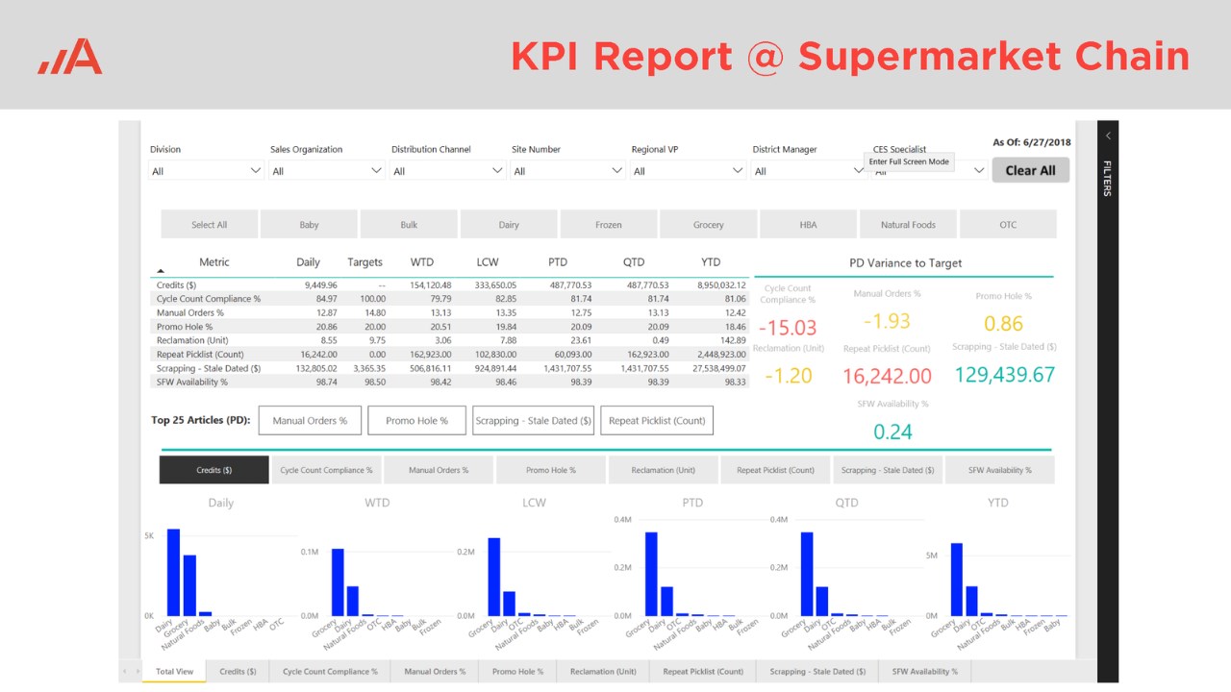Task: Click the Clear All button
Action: (x=1030, y=170)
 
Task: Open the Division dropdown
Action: (x=206, y=171)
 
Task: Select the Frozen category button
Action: (x=608, y=225)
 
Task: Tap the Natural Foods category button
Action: (x=908, y=225)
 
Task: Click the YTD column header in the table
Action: (x=710, y=262)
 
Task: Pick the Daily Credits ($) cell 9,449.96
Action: (x=320, y=285)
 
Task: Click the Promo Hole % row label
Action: (x=184, y=327)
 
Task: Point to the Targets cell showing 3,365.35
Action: (x=365, y=368)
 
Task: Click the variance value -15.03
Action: (x=788, y=328)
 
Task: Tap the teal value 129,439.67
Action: (x=1004, y=375)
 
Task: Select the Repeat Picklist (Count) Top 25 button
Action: (x=657, y=420)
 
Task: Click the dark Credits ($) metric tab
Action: (x=214, y=470)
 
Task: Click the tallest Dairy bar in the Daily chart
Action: (x=173, y=572)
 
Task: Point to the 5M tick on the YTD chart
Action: (x=931, y=556)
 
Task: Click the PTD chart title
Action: (x=691, y=503)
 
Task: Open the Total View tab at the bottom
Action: (x=174, y=672)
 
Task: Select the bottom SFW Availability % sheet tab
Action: (x=924, y=672)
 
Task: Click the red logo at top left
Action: (x=70, y=57)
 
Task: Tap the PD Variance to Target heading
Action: (x=905, y=262)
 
